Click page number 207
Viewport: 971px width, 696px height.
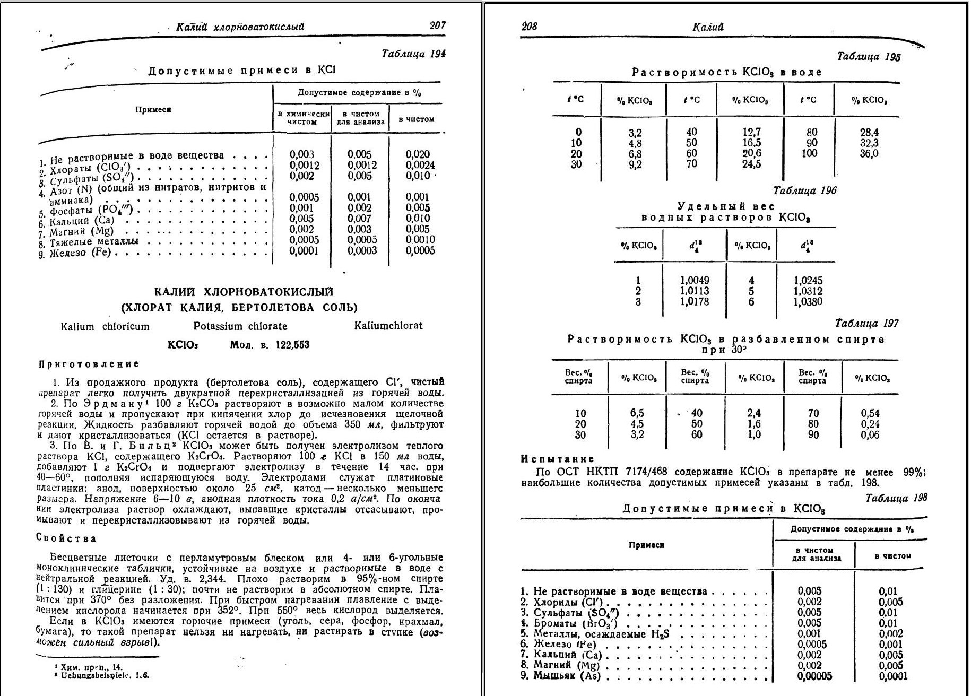click(x=438, y=25)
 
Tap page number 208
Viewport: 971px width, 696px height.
click(x=529, y=26)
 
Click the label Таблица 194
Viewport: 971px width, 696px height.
click(x=414, y=54)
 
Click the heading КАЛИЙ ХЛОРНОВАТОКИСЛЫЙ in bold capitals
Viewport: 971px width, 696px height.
click(x=244, y=292)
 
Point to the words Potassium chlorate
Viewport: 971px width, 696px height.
click(x=240, y=326)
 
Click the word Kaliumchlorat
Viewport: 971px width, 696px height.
click(x=388, y=326)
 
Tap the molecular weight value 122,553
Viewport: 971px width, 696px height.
click(x=292, y=345)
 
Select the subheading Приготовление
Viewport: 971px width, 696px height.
click(x=89, y=364)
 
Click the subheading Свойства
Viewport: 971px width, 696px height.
click(x=66, y=538)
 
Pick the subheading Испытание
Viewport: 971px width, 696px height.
click(x=558, y=459)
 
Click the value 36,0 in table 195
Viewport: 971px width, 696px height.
click(x=869, y=154)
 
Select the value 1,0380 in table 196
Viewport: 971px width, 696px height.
click(x=808, y=302)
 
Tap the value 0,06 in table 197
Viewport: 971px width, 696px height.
click(x=870, y=435)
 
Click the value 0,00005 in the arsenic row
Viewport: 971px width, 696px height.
click(x=814, y=676)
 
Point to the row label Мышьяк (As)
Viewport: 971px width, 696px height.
click(x=567, y=676)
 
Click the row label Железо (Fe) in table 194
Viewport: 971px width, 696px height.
click(x=80, y=253)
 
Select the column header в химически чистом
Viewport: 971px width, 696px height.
click(x=302, y=118)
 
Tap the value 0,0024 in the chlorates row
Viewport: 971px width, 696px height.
click(x=420, y=165)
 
